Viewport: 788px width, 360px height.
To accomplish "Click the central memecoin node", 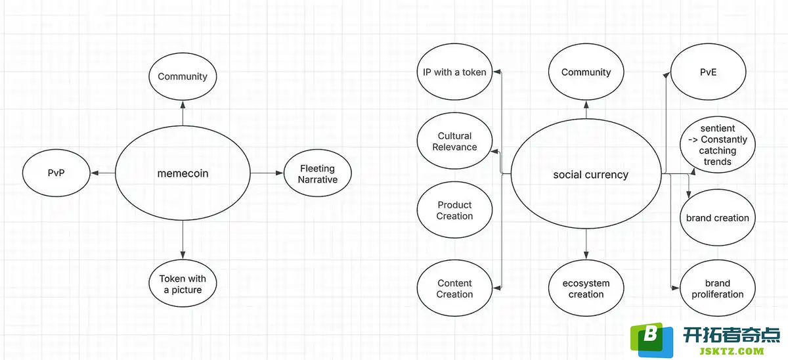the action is (x=183, y=173).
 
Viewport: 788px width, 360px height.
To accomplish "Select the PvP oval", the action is (x=56, y=173).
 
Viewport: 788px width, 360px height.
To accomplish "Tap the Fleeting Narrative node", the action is (x=317, y=173).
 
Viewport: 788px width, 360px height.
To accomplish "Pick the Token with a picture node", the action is (x=183, y=284).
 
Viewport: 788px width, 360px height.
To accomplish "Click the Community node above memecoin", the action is (x=183, y=76).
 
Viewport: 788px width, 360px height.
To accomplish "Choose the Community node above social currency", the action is (x=586, y=72).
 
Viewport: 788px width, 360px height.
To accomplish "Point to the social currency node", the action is (x=586, y=174).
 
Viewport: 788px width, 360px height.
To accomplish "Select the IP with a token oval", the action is (x=454, y=72).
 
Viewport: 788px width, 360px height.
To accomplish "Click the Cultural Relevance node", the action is (x=454, y=141).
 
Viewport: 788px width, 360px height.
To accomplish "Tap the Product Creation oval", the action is (x=454, y=210).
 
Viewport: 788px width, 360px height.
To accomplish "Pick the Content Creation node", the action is (x=454, y=288).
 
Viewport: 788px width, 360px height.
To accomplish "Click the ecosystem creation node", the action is (x=586, y=288).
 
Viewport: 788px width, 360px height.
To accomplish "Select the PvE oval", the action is (x=708, y=72).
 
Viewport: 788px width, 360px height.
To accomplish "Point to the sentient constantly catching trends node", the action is (x=718, y=145).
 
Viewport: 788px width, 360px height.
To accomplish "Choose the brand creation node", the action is (x=718, y=217).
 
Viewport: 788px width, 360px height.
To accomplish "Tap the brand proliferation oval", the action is (x=718, y=288).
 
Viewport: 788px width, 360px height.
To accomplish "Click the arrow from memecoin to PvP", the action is (x=103, y=173).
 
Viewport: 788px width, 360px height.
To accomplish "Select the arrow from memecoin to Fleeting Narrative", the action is (x=267, y=173).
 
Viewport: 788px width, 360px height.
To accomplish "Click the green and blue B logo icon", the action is (x=651, y=340).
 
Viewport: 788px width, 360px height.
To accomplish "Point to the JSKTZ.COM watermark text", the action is (x=732, y=351).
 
